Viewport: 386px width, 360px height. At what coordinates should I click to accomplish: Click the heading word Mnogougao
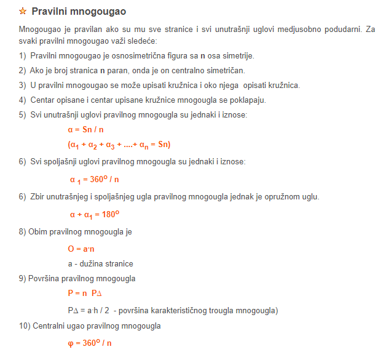[x=100, y=12]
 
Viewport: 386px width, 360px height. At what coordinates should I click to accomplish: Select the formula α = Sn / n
[x=85, y=130]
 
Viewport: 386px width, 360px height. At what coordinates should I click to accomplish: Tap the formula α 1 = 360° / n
[x=94, y=180]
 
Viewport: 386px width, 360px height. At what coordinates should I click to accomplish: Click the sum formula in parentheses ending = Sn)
[x=119, y=145]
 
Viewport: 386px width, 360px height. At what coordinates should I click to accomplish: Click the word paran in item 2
[x=121, y=71]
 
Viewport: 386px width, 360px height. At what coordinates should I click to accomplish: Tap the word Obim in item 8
[x=38, y=232]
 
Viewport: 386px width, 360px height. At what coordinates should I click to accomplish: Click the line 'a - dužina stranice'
[x=101, y=264]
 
